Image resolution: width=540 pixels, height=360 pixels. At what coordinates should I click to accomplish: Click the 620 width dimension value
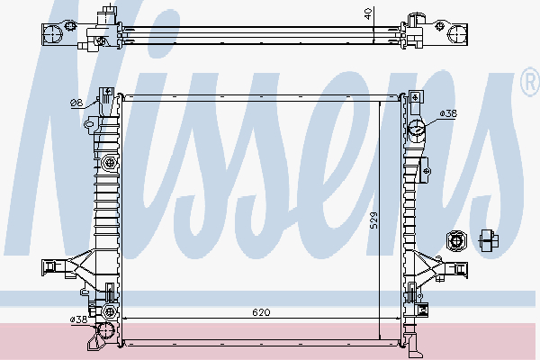[261, 312]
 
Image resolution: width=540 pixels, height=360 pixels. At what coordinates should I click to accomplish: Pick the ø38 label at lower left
[78, 319]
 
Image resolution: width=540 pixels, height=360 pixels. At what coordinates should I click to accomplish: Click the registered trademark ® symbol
[526, 84]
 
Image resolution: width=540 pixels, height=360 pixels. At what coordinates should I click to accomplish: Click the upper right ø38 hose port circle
[417, 129]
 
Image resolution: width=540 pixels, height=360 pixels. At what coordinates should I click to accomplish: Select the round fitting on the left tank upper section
[110, 163]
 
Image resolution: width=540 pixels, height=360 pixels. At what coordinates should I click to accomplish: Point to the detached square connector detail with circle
[456, 240]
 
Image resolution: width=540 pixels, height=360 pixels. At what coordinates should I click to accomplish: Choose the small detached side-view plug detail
[489, 239]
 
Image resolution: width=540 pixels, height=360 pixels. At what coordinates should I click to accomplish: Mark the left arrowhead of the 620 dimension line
[125, 319]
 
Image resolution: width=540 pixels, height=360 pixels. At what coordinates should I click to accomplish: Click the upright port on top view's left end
[108, 15]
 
